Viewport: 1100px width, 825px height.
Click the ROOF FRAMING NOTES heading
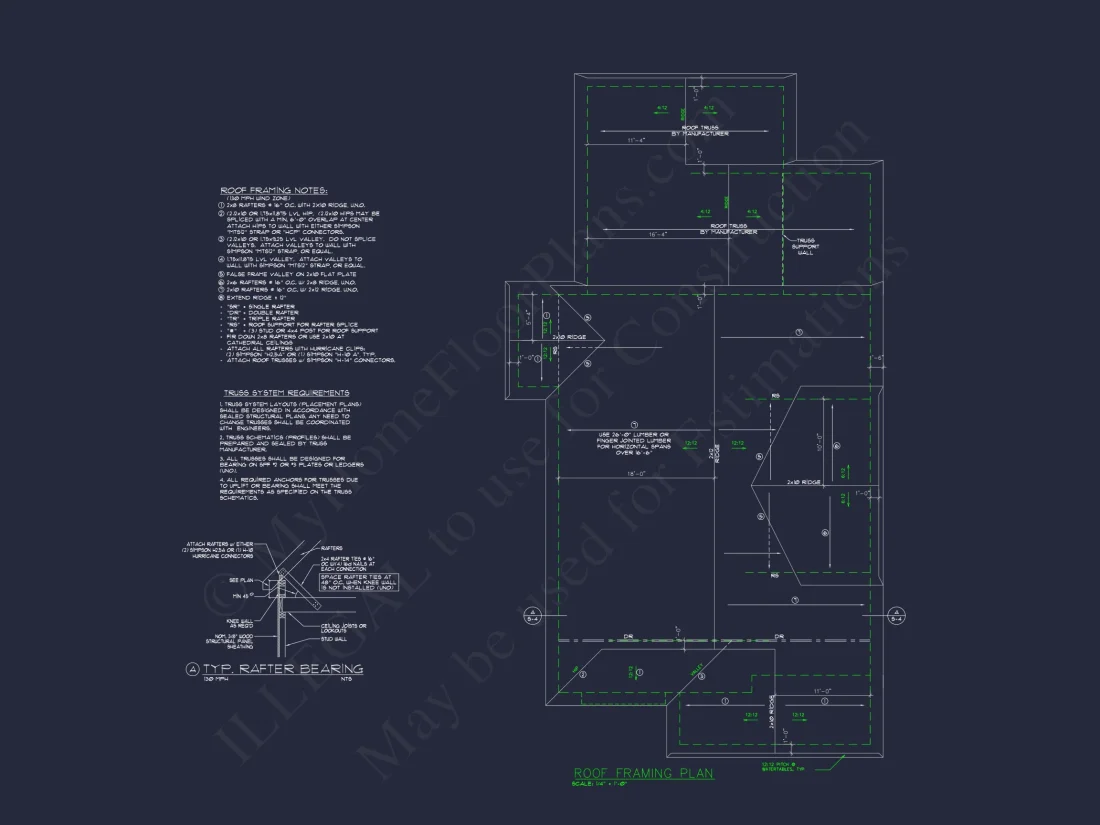click(273, 190)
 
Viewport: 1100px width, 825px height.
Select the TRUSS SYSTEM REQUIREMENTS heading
click(286, 393)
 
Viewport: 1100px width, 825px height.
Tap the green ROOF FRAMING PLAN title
click(643, 773)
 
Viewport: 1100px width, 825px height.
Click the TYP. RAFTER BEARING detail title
click(283, 668)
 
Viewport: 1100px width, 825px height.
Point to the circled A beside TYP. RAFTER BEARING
click(193, 668)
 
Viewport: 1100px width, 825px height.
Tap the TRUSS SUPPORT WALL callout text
click(805, 247)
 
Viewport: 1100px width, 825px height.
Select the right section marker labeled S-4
click(897, 616)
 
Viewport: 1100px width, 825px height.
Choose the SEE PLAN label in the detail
click(241, 580)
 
